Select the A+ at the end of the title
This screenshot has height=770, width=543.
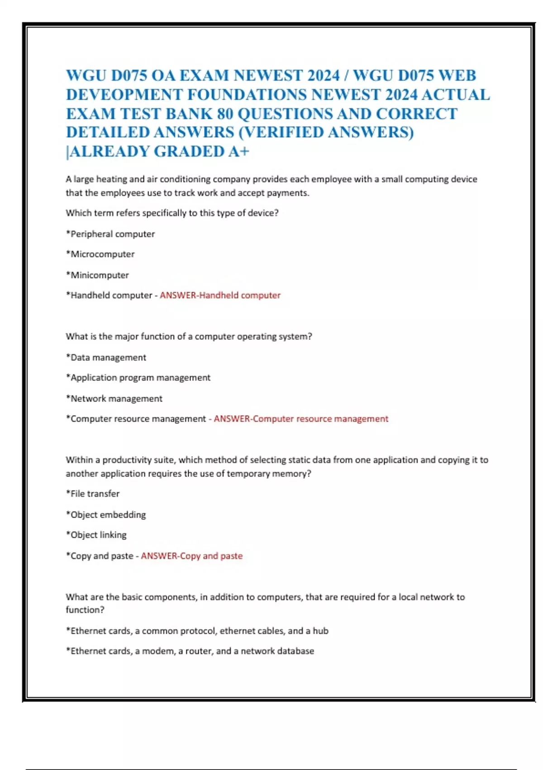pyautogui.click(x=238, y=151)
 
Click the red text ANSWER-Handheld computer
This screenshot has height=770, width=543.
pyautogui.click(x=220, y=295)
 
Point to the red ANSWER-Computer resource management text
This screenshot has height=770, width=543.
pyautogui.click(x=301, y=419)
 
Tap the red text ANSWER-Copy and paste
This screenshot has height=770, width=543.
pyautogui.click(x=192, y=556)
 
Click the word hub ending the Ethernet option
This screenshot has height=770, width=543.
pyautogui.click(x=320, y=631)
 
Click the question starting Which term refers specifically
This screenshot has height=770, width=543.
pyautogui.click(x=172, y=213)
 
